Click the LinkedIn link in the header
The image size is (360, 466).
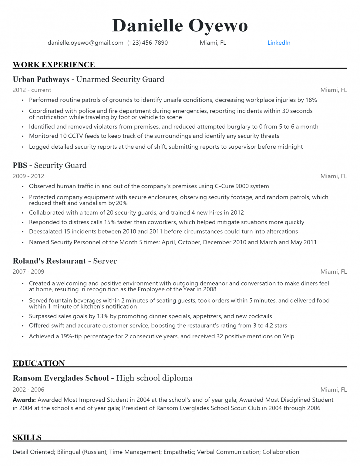279,43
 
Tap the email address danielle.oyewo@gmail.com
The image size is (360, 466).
85,43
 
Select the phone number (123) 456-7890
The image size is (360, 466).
147,43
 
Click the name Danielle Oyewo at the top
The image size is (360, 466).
180,25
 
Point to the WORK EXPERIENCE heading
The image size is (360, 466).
54,65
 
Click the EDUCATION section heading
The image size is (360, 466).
39,363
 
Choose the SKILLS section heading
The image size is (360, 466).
27,437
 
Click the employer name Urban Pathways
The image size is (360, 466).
41,79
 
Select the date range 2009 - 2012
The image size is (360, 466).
29,176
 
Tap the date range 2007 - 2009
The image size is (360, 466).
29,272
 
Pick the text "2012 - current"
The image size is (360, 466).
32,90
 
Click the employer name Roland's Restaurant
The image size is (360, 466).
49,261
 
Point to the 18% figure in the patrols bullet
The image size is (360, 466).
311,100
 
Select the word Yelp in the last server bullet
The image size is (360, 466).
288,336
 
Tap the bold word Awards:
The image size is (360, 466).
24,400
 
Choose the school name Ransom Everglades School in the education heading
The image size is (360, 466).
61,378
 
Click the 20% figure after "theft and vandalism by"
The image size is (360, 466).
122,203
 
